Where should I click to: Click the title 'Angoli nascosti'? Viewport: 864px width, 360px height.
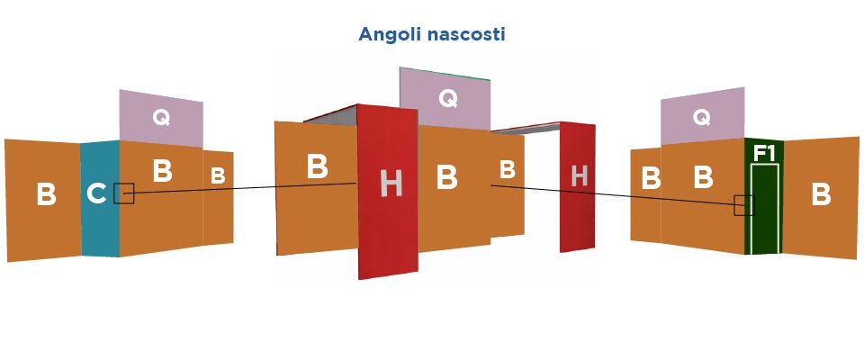pos(432,35)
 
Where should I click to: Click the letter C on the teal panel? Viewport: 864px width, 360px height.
pos(97,193)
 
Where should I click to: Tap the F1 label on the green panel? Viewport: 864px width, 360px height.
pos(764,153)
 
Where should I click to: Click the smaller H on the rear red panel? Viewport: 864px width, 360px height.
pos(580,176)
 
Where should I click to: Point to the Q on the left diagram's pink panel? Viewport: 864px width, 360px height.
pos(160,117)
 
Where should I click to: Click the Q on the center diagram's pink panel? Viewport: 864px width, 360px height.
pos(446,98)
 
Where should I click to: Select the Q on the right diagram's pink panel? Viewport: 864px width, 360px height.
pos(702,116)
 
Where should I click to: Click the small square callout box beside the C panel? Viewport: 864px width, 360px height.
pos(124,193)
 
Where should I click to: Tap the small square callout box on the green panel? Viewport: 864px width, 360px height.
pos(743,205)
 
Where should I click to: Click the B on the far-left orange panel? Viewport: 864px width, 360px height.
pos(46,193)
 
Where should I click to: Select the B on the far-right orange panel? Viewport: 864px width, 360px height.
pos(821,194)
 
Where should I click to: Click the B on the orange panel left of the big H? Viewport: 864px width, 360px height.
pos(317,166)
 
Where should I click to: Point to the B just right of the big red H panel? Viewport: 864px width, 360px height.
pos(447,177)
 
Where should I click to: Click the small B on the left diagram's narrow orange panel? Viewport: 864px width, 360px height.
pos(218,176)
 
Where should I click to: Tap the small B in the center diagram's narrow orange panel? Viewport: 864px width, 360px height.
pos(507,169)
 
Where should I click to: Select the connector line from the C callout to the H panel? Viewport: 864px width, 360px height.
pos(243,188)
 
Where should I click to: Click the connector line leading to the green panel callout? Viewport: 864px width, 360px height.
pos(612,195)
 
